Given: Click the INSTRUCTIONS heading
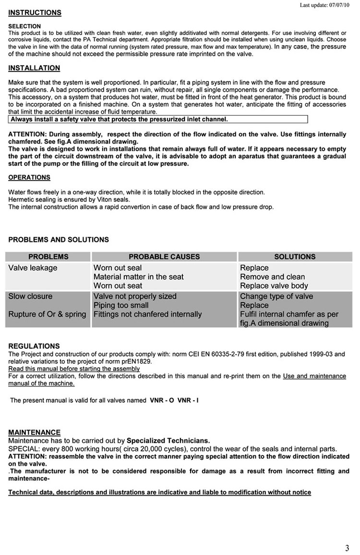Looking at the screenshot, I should pyautogui.click(x=35, y=12).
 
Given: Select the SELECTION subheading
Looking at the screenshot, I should pyautogui.click(x=24, y=26).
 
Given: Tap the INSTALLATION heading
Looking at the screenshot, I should pyautogui.click(x=34, y=68).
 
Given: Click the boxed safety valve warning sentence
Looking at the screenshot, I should pyautogui.click(x=119, y=120).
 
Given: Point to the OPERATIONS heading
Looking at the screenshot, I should pyautogui.click(x=29, y=178).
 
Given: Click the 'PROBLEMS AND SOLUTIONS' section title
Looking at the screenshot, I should pyautogui.click(x=59, y=240).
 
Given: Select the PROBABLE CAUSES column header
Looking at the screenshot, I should pyautogui.click(x=164, y=257).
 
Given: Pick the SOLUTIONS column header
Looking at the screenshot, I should pyautogui.click(x=295, y=257).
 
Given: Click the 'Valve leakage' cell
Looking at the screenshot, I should pyautogui.click(x=33, y=268).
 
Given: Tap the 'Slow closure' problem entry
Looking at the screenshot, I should pyautogui.click(x=30, y=296).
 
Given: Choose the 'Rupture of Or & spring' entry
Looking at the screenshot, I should pyautogui.click(x=47, y=314).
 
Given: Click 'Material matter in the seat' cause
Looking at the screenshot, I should pyautogui.click(x=138, y=277).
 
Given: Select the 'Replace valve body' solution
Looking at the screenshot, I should pyautogui.click(x=274, y=286).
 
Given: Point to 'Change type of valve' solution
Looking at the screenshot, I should pyautogui.click(x=276, y=296).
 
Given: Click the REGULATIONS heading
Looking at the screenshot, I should pyautogui.click(x=34, y=346).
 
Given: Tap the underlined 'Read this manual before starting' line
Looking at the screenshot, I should pyautogui.click(x=74, y=369).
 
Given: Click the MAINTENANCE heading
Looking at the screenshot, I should pyautogui.click(x=35, y=433).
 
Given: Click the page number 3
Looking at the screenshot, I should pyautogui.click(x=347, y=548).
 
